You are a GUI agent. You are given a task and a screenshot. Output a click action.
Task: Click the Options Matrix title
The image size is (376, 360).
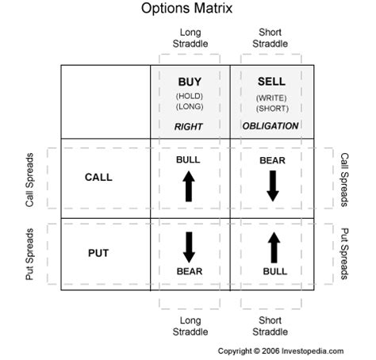(186, 9)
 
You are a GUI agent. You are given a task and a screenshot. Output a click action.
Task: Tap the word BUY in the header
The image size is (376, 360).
(190, 82)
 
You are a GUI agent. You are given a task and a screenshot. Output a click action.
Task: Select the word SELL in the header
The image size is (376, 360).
(271, 82)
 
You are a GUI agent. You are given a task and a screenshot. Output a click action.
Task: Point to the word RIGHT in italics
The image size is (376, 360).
(189, 127)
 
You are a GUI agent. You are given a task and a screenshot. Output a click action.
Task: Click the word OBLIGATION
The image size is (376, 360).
(270, 126)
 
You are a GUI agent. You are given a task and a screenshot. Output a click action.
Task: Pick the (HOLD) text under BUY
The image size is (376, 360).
(190, 96)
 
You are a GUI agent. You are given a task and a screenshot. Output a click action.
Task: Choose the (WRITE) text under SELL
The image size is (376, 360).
(271, 98)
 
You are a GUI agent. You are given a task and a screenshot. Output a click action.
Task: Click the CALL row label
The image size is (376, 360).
(98, 178)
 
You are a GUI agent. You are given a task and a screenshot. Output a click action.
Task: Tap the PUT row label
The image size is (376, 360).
(98, 253)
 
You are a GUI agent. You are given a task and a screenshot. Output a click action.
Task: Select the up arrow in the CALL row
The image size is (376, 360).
(189, 186)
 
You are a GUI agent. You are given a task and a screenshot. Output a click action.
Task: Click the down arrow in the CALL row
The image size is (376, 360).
(273, 186)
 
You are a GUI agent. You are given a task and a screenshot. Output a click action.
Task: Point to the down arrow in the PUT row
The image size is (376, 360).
(189, 247)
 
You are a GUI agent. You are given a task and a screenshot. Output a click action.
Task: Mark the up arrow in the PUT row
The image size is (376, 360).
(274, 247)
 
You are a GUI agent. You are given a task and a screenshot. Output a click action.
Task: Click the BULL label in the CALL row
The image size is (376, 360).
(188, 160)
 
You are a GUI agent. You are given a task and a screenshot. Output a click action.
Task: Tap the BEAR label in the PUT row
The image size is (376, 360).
(190, 271)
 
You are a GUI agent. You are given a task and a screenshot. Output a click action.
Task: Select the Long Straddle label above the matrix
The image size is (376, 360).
(190, 38)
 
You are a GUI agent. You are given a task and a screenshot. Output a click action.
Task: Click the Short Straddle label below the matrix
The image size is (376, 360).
(270, 326)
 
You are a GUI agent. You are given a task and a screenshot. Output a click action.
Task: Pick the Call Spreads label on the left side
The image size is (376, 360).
(29, 180)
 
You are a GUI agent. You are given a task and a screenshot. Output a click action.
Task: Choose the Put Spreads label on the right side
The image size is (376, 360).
(344, 254)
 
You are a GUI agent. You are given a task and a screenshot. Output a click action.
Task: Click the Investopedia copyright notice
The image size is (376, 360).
(281, 351)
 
